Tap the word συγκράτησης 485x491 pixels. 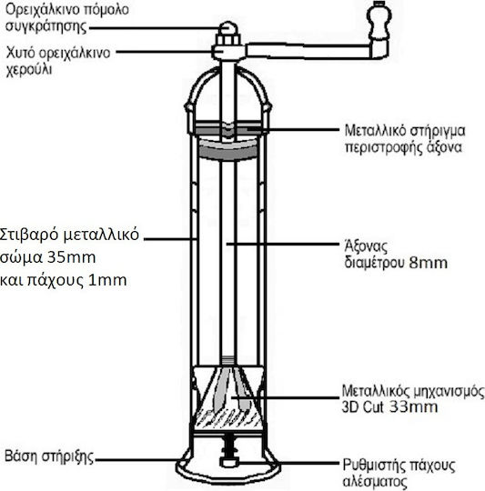click(45, 26)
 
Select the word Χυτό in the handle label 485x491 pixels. click(20, 53)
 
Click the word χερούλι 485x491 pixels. click(29, 69)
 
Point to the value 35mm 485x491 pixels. click(72, 257)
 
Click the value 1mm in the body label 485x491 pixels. click(107, 280)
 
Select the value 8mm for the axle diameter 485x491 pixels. click(428, 263)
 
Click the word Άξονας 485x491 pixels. click(366, 246)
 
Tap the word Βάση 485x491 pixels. click(21, 456)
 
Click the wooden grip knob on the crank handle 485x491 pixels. click(379, 21)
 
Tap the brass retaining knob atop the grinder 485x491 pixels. click(228, 29)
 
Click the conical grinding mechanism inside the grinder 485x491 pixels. click(227, 397)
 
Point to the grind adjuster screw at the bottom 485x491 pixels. click(228, 452)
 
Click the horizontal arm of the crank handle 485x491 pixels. click(308, 51)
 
